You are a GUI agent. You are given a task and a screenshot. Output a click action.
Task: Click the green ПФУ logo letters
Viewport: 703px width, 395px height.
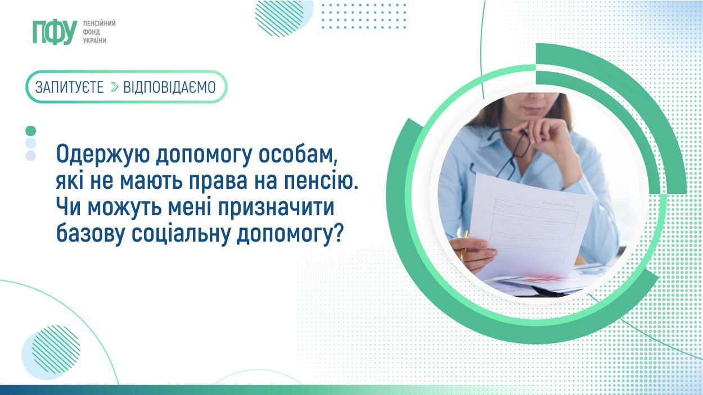pyautogui.click(x=55, y=32)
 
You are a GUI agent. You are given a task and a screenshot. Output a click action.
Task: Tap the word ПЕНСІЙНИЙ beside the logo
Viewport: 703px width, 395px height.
pyautogui.click(x=99, y=24)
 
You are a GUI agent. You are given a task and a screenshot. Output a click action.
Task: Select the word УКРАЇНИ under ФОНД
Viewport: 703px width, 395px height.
pyautogui.click(x=95, y=41)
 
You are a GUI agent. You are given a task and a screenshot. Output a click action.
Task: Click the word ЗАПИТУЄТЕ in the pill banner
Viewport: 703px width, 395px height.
pyautogui.click(x=69, y=87)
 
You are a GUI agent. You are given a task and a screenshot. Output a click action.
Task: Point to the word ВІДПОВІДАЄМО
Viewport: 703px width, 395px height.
pyautogui.click(x=169, y=87)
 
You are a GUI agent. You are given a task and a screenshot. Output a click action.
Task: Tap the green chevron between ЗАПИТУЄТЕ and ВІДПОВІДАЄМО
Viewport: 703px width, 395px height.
pyautogui.click(x=115, y=87)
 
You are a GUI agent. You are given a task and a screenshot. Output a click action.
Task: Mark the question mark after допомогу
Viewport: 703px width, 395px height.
pyautogui.click(x=337, y=234)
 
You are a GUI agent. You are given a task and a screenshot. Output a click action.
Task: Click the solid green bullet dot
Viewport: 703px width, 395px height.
pyautogui.click(x=31, y=131)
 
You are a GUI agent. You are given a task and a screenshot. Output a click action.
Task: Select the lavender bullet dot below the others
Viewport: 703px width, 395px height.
pyautogui.click(x=31, y=156)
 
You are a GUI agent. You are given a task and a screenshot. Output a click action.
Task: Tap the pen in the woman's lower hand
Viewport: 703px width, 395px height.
pyautogui.click(x=465, y=245)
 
